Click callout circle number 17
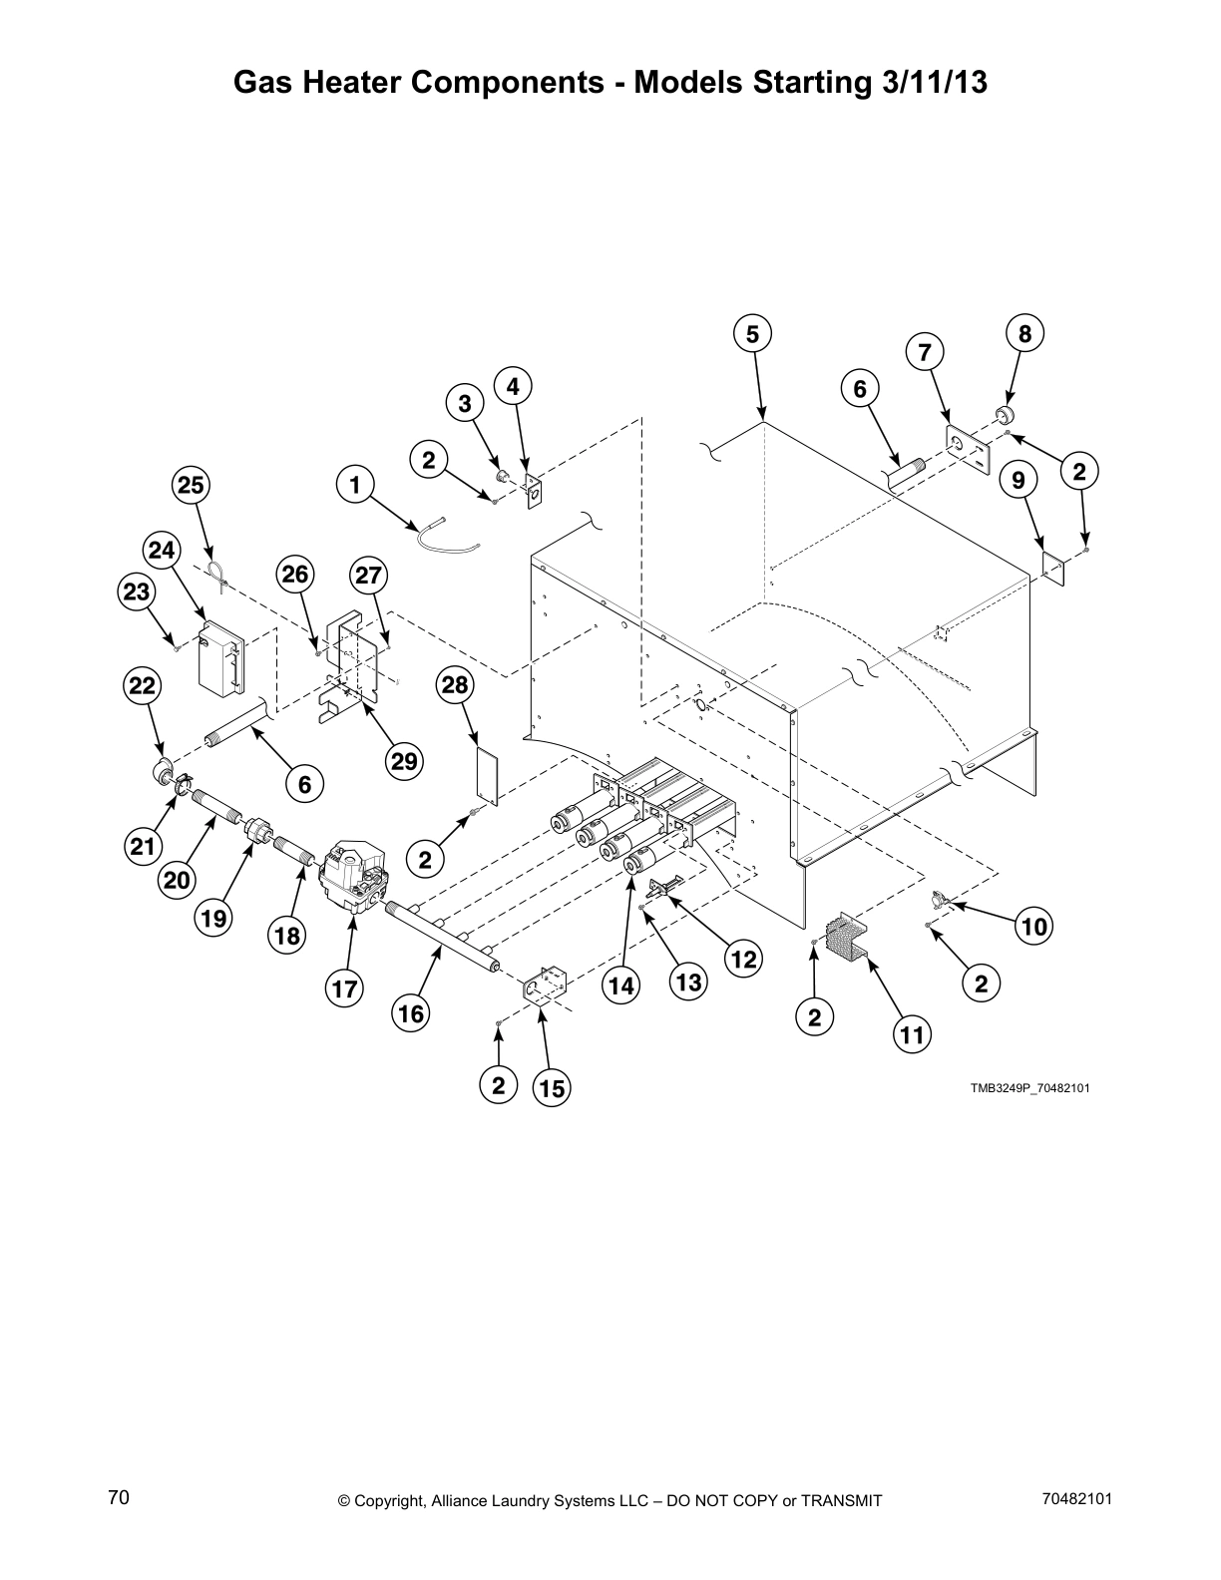pyautogui.click(x=344, y=989)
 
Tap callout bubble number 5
pyautogui.click(x=753, y=334)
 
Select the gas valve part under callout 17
pyautogui.click(x=355, y=874)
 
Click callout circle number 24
pyautogui.click(x=161, y=550)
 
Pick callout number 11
pyautogui.click(x=912, y=1034)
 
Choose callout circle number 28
pyautogui.click(x=455, y=685)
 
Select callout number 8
pyautogui.click(x=1024, y=333)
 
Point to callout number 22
pyautogui.click(x=142, y=685)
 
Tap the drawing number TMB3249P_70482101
pyautogui.click(x=1029, y=1088)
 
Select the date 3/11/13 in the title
pyautogui.click(x=935, y=82)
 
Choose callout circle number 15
pyautogui.click(x=552, y=1089)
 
